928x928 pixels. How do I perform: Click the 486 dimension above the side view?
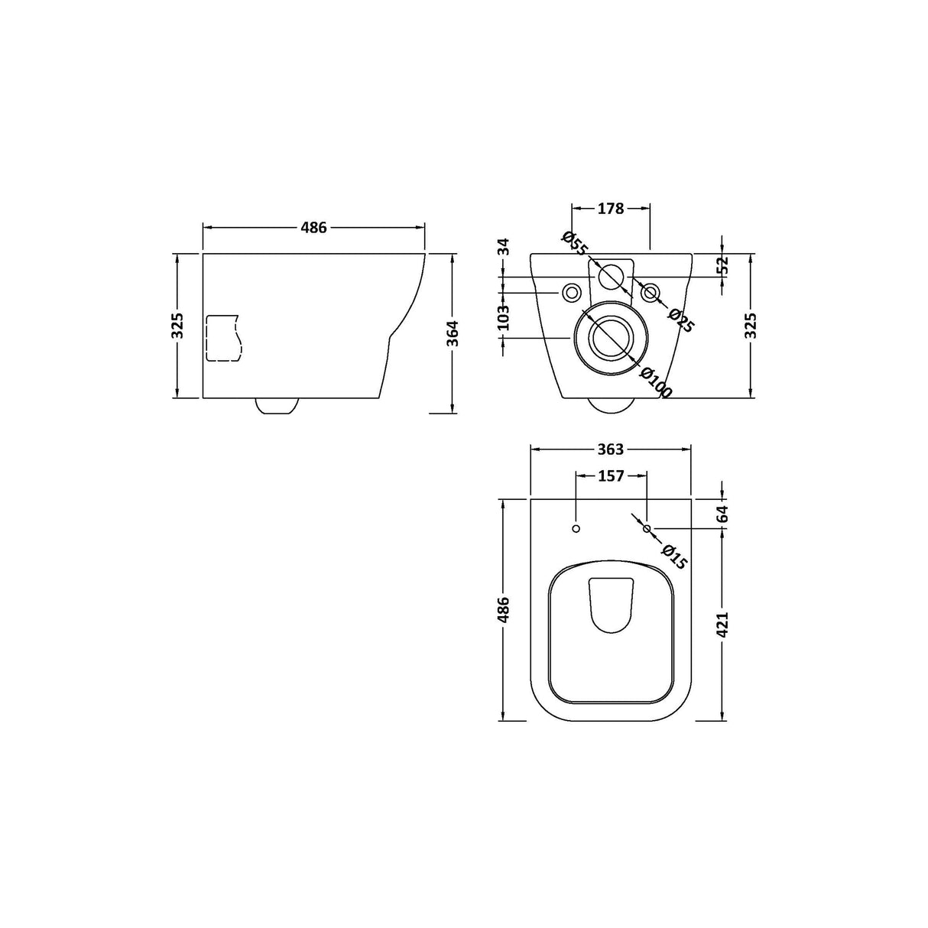tap(313, 227)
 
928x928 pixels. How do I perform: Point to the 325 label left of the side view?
tap(177, 326)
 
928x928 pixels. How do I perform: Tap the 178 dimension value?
tap(612, 207)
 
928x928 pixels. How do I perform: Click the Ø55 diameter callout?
tap(574, 243)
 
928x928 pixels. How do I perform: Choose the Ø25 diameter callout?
tap(680, 320)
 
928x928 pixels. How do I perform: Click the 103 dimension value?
tap(503, 318)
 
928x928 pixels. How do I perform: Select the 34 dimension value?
tap(503, 246)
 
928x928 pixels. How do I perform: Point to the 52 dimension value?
tap(723, 264)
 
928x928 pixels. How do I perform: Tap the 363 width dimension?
tap(612, 449)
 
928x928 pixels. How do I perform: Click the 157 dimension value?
tap(611, 476)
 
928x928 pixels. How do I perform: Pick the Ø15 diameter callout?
tap(674, 556)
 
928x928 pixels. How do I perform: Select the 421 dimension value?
tap(723, 625)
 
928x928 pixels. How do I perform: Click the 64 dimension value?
tap(723, 513)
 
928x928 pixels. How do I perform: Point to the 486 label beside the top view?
tap(503, 609)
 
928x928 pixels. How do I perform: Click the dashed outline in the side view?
tap(223, 337)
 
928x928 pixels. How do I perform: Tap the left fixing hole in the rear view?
tap(571, 292)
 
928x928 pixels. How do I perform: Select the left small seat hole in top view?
tap(576, 528)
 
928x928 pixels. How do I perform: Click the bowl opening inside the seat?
tap(612, 604)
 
